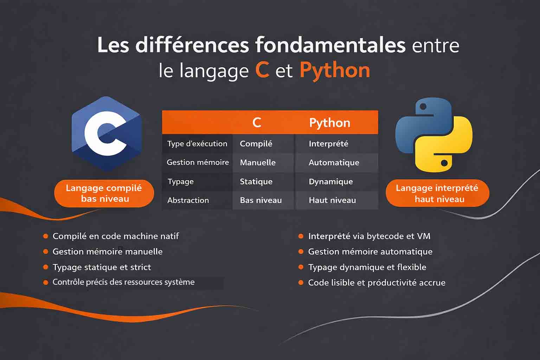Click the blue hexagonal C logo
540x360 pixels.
point(106,134)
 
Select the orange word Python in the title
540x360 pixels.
point(334,70)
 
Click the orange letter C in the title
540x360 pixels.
point(262,70)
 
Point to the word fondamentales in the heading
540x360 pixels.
point(330,45)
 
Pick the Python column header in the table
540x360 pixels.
point(329,123)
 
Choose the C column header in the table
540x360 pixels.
point(257,122)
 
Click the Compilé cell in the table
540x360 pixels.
point(256,144)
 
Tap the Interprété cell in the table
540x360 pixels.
point(328,144)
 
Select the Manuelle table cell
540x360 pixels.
point(258,163)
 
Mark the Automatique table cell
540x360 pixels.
point(334,163)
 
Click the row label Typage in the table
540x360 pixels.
point(181,182)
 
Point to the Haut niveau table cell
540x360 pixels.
point(332,200)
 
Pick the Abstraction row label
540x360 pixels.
point(188,200)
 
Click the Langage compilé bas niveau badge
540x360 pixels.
point(104,193)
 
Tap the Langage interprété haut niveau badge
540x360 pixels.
point(437,193)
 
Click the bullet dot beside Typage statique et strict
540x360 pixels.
point(46,267)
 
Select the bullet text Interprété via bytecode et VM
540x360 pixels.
point(369,236)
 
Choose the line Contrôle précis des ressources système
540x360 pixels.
point(123,282)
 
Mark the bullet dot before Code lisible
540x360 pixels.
point(301,283)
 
